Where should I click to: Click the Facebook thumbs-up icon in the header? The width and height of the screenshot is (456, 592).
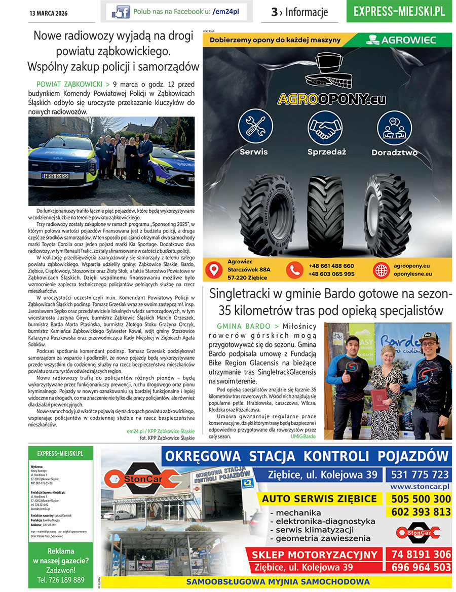coord(121,12)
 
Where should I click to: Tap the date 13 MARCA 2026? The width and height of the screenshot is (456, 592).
coord(48,12)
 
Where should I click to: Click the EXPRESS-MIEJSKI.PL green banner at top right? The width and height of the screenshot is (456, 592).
coord(399,11)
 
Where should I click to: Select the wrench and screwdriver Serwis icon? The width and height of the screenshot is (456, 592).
coord(255,127)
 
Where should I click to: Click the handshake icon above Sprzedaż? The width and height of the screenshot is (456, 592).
coord(326,127)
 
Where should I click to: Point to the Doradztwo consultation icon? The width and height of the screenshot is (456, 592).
coord(394,127)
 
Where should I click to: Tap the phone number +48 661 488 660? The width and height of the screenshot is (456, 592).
coord(331,266)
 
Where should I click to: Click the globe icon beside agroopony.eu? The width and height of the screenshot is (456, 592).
coord(381,270)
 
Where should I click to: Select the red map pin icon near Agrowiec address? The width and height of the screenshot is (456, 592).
coord(215,270)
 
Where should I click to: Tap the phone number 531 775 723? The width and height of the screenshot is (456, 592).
coord(420,475)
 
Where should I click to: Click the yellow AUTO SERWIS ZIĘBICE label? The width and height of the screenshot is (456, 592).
coord(320,499)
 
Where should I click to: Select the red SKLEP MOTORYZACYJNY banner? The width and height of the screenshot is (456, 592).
coord(315,555)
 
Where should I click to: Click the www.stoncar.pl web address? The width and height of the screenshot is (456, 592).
coord(420,487)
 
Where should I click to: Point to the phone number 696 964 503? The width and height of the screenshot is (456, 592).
coord(420,567)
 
